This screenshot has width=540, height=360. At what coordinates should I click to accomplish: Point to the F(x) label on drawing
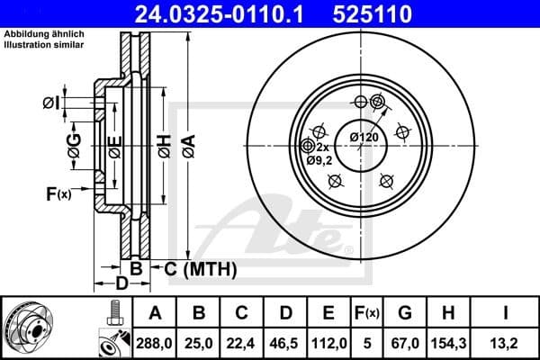tap(58, 193)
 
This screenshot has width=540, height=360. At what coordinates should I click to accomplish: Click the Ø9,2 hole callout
tap(320, 159)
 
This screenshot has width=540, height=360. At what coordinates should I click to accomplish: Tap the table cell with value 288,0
tap(154, 342)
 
